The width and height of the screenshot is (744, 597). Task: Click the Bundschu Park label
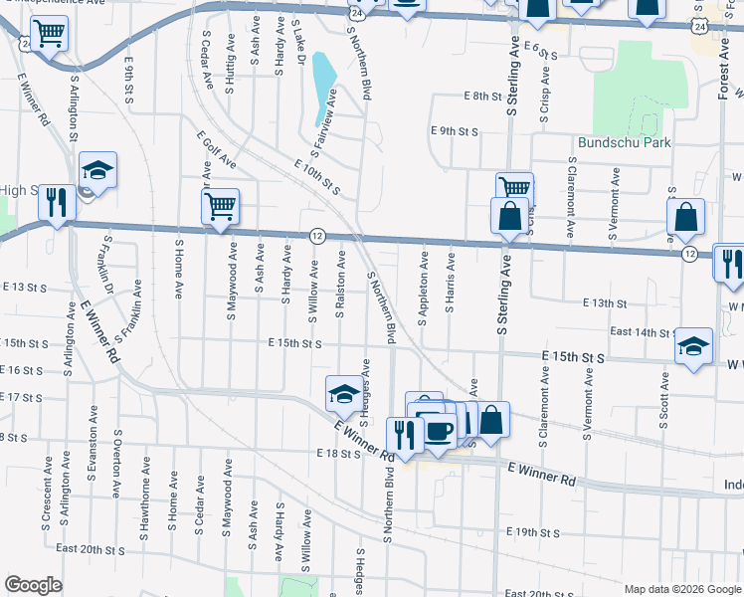coord(625,142)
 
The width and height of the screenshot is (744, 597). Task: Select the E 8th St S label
coord(487,97)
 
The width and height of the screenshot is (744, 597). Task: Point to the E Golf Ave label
coord(217,148)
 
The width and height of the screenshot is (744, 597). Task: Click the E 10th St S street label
coord(317,176)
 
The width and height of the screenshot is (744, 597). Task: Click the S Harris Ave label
coord(451,282)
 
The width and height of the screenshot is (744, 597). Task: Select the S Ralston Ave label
coord(341,285)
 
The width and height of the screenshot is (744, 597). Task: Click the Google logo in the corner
coord(33,585)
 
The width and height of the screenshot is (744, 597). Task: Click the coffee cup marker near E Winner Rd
coord(439,431)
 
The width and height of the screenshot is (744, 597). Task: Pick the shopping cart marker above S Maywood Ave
coord(220,207)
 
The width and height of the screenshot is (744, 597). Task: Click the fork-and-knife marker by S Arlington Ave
coord(57,202)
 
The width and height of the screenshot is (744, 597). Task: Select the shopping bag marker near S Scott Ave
coord(686,216)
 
